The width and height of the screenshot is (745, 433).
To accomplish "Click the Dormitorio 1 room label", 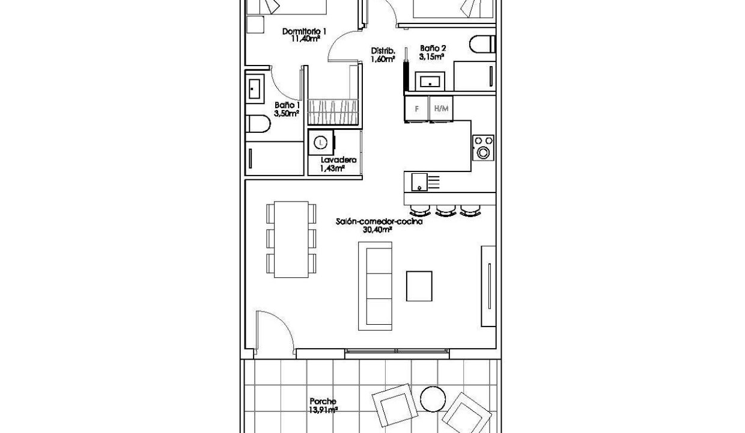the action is tap(304, 31).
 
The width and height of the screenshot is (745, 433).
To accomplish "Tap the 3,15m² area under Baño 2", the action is tap(431, 57).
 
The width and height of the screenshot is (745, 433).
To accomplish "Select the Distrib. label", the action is tap(383, 51).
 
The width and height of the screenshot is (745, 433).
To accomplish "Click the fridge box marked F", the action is tap(416, 108).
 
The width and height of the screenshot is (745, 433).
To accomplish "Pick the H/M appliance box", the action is tap(441, 108).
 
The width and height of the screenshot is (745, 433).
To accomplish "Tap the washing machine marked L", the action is tap(321, 143).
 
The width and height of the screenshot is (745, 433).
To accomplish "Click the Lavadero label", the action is tap(338, 160).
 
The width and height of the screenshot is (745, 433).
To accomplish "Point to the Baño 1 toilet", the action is tap(258, 124).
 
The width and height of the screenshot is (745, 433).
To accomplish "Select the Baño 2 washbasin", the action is tap(430, 81).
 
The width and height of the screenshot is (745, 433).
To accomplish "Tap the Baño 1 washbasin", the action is tap(255, 89).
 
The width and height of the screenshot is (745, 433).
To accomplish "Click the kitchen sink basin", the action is tap(419, 182).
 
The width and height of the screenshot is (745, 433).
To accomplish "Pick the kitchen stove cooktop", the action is tap(483, 148).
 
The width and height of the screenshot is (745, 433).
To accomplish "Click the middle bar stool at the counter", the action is tap(446, 210).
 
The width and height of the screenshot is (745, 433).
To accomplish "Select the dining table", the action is tap(291, 239).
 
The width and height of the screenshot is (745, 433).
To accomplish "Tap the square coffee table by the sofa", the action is tap(419, 286).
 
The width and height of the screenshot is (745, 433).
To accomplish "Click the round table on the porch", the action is tap(433, 399).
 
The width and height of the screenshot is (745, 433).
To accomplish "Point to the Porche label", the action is tap(323, 401).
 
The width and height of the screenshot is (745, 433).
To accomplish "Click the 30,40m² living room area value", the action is tap(377, 229).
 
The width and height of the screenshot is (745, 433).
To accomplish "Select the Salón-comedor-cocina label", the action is tap(379, 221).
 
